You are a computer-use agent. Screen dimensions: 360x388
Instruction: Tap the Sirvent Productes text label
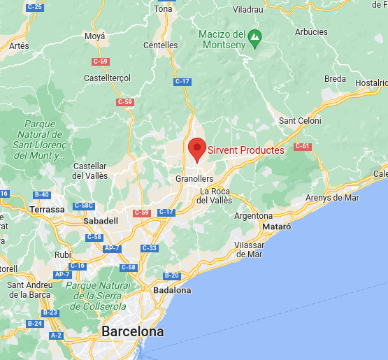point(246,150)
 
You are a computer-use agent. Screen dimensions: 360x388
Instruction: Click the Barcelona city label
point(133,331)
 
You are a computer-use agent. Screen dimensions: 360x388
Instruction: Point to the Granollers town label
point(194,178)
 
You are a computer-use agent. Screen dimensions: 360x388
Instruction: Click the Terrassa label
point(48,209)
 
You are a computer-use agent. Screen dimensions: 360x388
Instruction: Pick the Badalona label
point(172,289)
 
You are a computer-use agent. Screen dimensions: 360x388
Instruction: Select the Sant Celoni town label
point(301,120)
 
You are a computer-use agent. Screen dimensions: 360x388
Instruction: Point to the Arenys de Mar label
point(332,197)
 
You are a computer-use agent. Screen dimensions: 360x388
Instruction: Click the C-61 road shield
point(302,146)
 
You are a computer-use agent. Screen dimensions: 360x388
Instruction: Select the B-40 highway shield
point(42,194)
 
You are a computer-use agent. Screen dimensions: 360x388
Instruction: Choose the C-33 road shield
point(150,248)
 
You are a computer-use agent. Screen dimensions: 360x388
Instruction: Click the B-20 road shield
point(172,275)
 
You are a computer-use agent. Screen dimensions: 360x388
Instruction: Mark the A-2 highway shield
point(56,336)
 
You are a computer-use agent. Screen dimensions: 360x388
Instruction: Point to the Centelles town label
point(161,45)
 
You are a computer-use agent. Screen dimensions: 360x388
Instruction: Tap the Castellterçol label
point(108,78)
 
